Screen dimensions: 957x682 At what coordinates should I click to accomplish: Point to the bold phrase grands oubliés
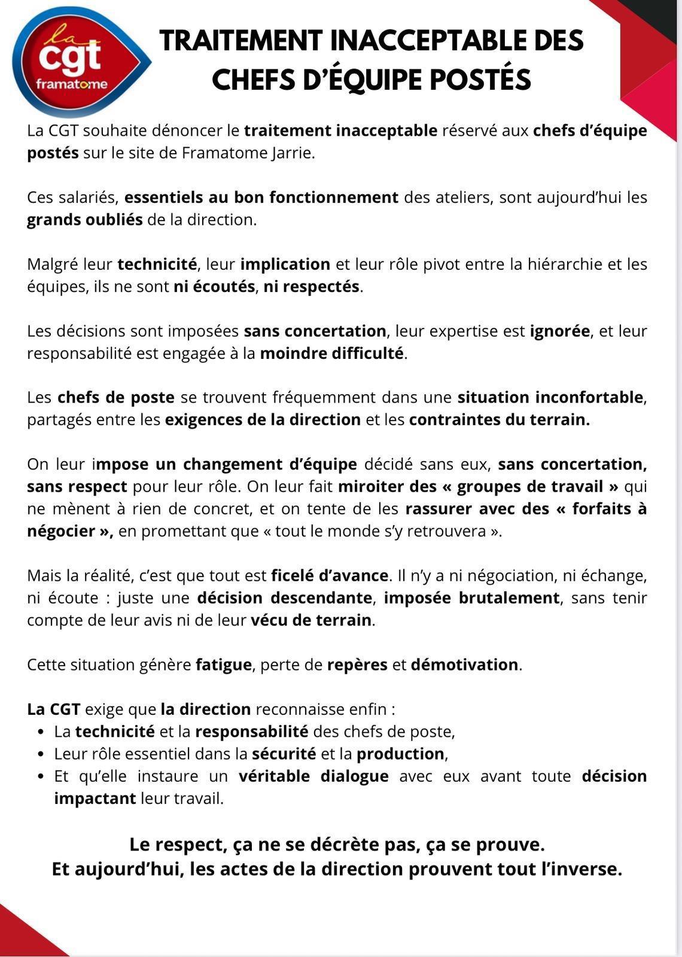(84, 220)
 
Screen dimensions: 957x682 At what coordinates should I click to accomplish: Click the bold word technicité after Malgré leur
(157, 264)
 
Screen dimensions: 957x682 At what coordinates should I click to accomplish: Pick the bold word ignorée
(559, 331)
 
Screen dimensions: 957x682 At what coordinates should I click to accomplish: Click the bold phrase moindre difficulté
(332, 353)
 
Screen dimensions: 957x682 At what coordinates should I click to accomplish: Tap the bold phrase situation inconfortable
(550, 398)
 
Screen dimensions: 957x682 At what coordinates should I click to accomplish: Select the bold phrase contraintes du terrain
(499, 420)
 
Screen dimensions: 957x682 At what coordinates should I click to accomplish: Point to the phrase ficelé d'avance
(330, 576)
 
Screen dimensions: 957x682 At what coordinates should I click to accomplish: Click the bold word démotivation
(464, 665)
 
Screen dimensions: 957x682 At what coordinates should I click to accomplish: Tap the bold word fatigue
(223, 665)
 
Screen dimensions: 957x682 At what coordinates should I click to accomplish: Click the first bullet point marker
(41, 732)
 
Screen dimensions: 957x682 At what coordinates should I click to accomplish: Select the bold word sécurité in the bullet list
(284, 754)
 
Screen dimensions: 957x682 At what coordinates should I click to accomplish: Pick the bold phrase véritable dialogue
(313, 776)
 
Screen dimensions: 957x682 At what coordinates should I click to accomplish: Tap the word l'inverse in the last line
(581, 869)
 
